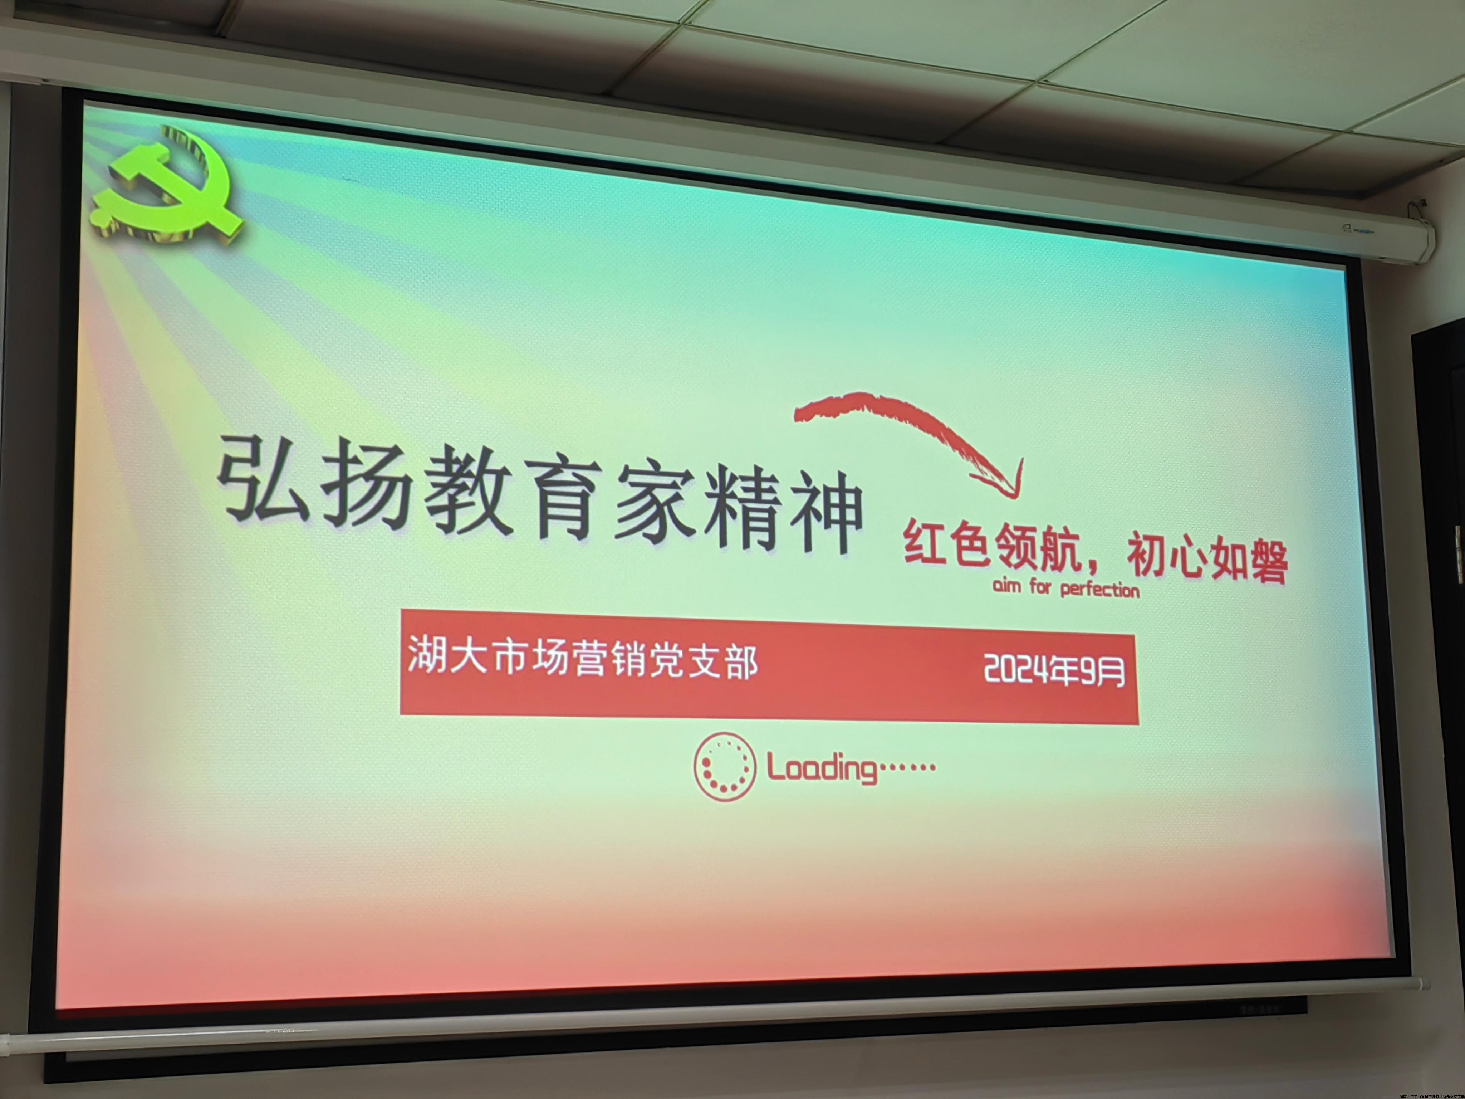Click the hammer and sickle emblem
166,189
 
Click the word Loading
821,768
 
